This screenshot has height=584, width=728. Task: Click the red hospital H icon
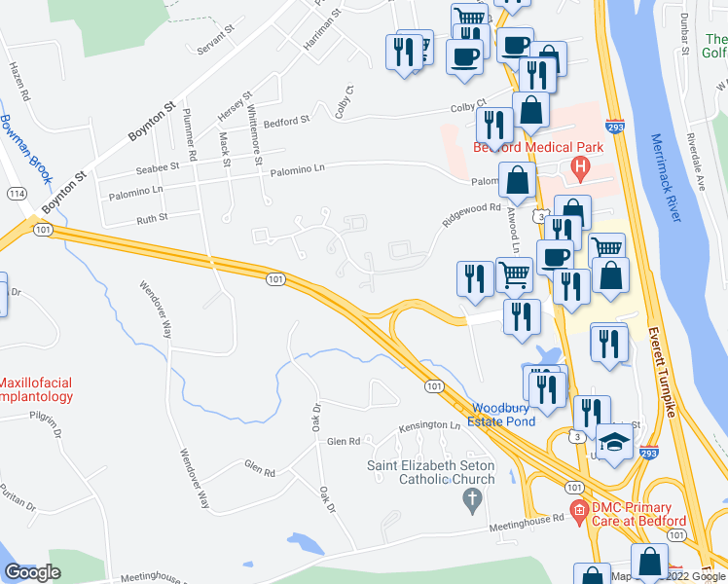click(581, 167)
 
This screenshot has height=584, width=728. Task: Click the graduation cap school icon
click(615, 444)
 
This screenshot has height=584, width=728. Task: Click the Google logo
click(32, 571)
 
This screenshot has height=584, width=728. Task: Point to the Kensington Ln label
click(429, 426)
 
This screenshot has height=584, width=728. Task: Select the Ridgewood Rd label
click(471, 214)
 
